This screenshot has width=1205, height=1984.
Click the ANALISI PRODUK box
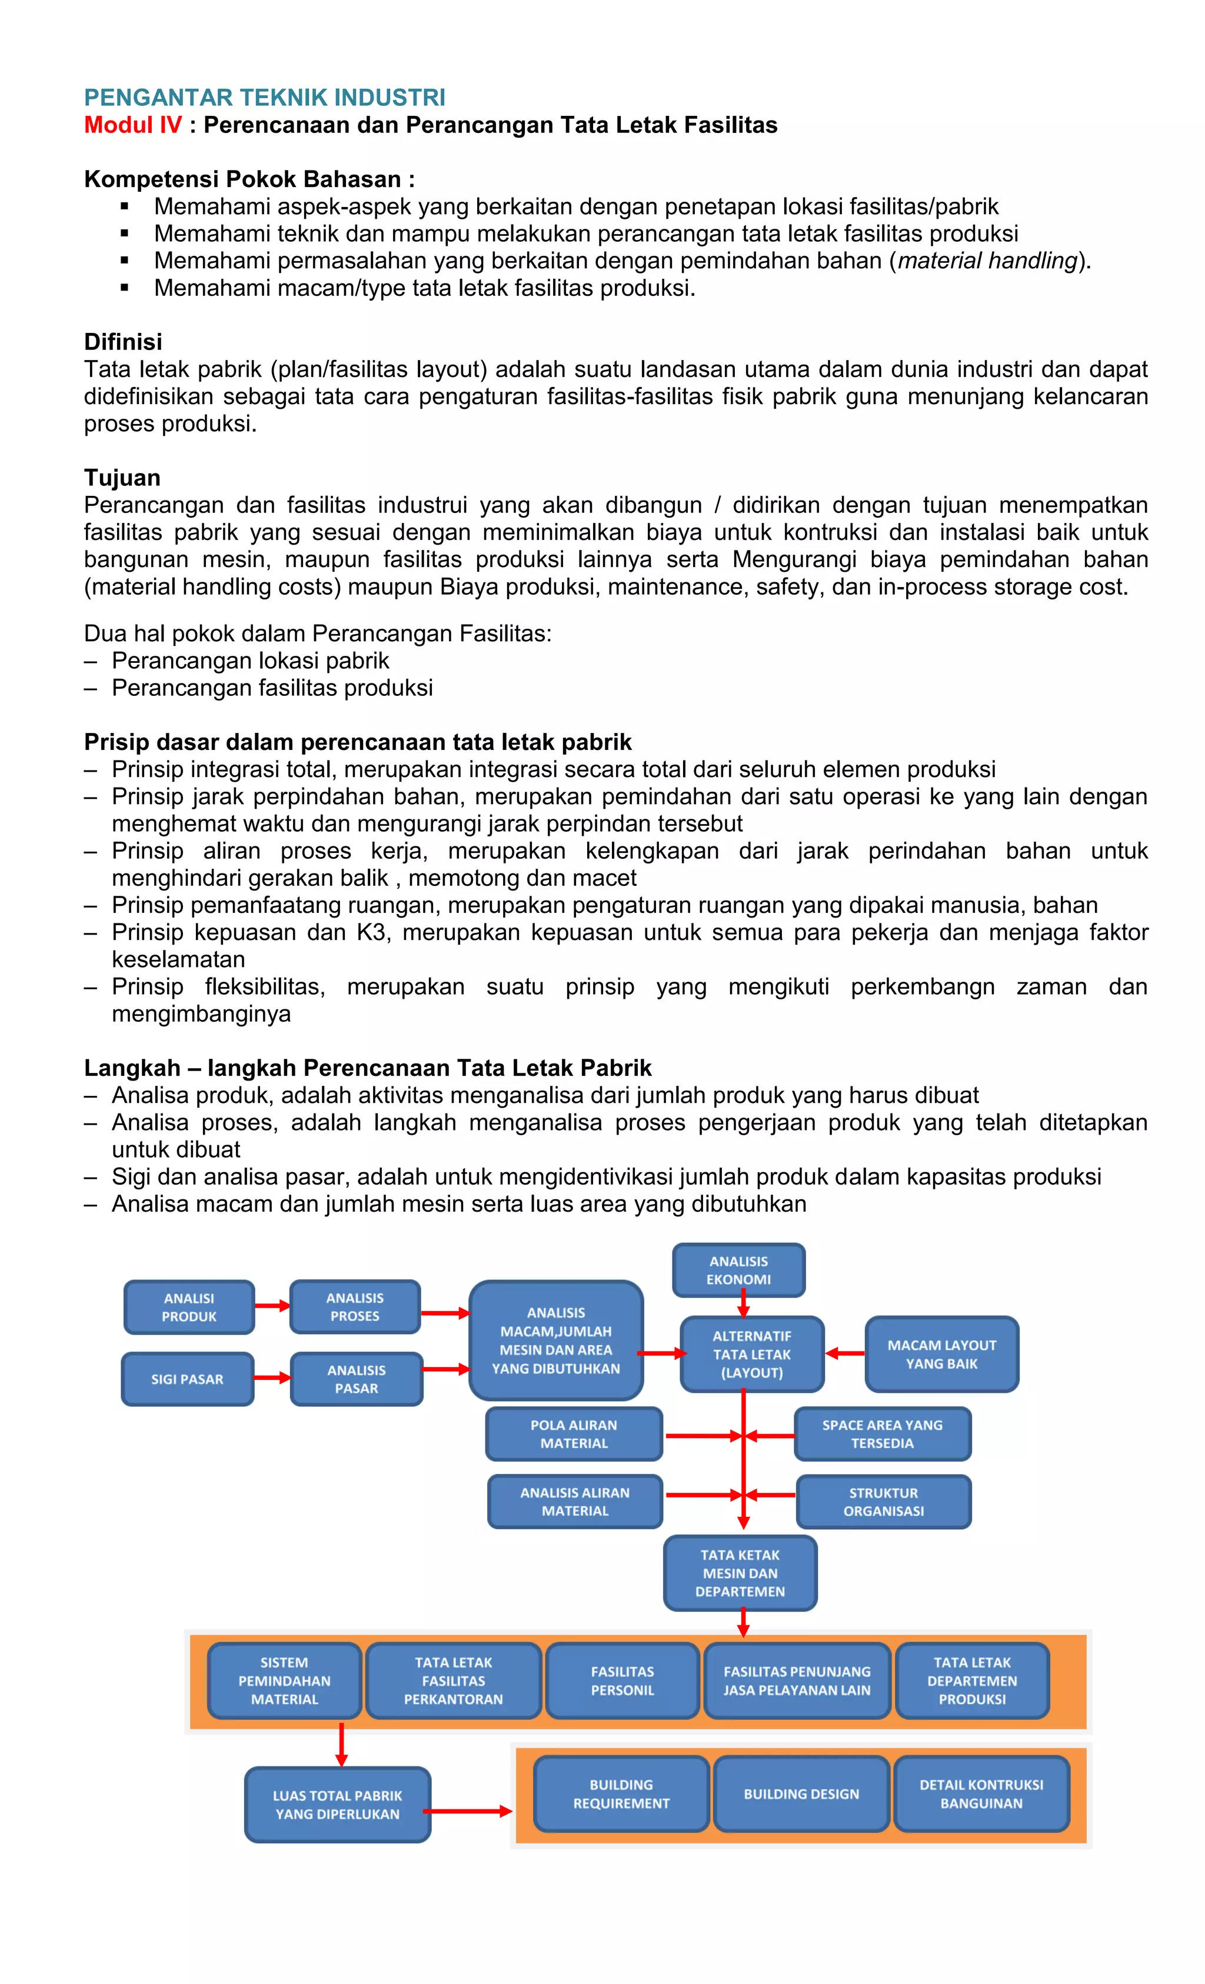[x=189, y=1307]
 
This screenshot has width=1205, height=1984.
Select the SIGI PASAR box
[x=188, y=1379]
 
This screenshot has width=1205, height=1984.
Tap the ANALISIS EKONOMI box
[x=738, y=1270]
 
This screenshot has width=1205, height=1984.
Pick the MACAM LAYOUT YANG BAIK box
[x=941, y=1355]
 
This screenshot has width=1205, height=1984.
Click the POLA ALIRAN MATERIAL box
[x=574, y=1434]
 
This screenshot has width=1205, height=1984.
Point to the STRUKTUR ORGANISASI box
[x=884, y=1502]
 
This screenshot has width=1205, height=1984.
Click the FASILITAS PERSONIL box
[x=622, y=1680]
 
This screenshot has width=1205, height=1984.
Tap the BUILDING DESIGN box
[x=801, y=1794]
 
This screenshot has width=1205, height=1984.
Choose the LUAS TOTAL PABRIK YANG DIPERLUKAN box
[x=338, y=1805]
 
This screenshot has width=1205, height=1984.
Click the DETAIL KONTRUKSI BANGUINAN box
[x=981, y=1794]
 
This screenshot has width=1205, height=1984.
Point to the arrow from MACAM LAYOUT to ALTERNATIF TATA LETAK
[x=844, y=1353]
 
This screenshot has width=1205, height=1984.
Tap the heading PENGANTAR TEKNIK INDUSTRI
[x=264, y=98]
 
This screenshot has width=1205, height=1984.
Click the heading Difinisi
[x=123, y=342]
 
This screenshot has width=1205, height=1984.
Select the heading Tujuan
[x=122, y=478]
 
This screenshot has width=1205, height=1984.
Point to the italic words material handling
[x=987, y=261]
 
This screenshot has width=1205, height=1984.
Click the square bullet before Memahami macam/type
[x=124, y=288]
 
